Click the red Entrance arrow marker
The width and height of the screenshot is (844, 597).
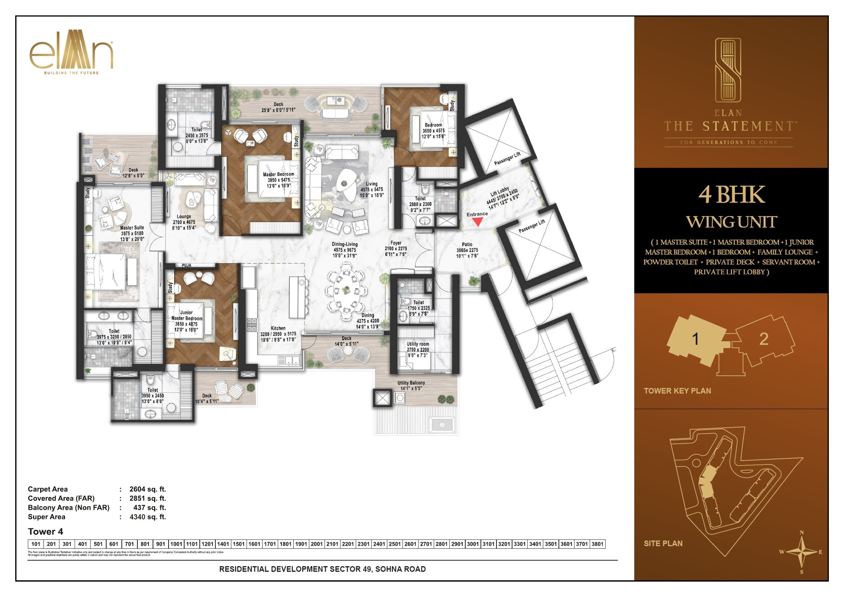point(479,222)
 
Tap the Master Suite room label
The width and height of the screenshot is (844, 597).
point(132,228)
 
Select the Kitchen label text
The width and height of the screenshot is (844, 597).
point(278,328)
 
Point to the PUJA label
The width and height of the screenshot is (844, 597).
point(186,265)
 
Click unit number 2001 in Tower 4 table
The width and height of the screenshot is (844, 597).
point(317,544)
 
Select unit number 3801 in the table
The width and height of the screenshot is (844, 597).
point(597,544)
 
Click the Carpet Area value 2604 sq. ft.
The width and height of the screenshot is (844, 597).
point(147,489)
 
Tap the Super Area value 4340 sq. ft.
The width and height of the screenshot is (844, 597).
point(147,517)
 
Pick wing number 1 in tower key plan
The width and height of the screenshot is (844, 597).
point(695,339)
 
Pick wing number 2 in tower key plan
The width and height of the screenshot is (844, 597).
point(763,339)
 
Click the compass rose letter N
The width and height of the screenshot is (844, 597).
point(802,533)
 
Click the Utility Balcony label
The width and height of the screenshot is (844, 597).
point(411,383)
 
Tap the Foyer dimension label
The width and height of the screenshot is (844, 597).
point(396,249)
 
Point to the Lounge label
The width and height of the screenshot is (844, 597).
point(184,216)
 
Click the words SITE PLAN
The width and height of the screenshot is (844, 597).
point(663,544)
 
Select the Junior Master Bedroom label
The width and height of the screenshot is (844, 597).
point(187,316)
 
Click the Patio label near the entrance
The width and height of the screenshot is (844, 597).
point(467,244)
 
